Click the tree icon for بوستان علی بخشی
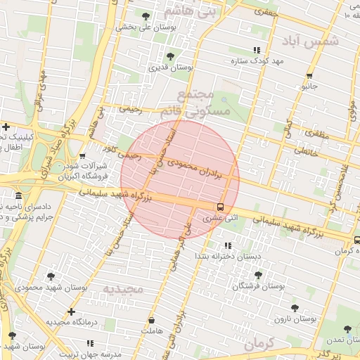click(146, 15)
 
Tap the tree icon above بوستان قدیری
click(169, 56)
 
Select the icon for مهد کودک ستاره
click(256, 50)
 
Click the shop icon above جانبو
click(309, 76)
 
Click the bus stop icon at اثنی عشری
click(221, 207)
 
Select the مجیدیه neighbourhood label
click(123, 289)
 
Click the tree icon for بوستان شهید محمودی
click(51, 276)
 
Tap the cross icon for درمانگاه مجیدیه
click(70, 311)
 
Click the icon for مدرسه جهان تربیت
click(90, 343)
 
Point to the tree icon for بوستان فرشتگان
click(258, 276)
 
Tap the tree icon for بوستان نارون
click(295, 308)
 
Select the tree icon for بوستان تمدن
click(347, 328)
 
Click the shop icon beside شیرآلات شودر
click(82, 157)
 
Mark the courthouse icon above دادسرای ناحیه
click(18, 195)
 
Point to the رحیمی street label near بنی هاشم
click(131, 110)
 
